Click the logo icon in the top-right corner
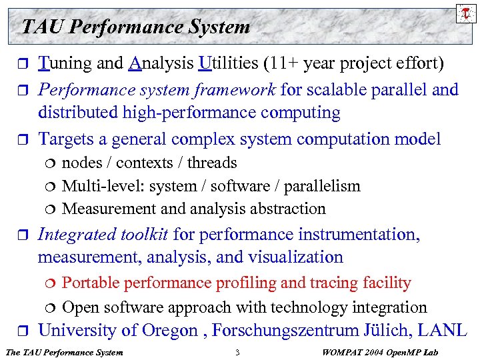[464, 12]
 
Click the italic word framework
[237, 89]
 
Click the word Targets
[68, 139]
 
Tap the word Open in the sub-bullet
[79, 307]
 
